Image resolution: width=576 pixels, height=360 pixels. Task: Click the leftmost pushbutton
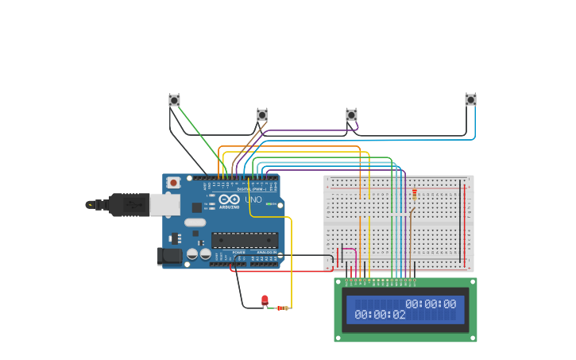coord(174,100)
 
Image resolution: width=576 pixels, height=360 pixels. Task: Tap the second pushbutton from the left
coord(262,114)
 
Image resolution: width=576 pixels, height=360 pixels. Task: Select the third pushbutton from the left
coord(351,114)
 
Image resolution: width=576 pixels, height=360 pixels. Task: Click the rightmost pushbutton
coord(470,99)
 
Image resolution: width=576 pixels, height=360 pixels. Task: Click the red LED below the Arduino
coord(265,300)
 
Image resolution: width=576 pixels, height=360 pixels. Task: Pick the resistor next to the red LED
coord(282,308)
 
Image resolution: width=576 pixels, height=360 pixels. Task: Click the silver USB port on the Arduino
coord(164,205)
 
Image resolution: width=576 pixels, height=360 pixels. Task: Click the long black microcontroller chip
coord(245,240)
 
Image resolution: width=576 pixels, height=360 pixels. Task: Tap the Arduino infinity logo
coord(227,200)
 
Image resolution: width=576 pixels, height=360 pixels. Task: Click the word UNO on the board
coord(253,200)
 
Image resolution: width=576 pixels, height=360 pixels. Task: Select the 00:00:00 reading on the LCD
coord(431,304)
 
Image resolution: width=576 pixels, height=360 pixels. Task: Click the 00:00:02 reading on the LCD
coord(380,315)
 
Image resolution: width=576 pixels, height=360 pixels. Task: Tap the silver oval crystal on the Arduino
coord(195,222)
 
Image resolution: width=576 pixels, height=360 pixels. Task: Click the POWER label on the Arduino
coord(239,252)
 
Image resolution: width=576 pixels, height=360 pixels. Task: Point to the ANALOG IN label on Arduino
coord(266,252)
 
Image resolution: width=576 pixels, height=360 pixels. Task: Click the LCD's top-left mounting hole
coord(338,281)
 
